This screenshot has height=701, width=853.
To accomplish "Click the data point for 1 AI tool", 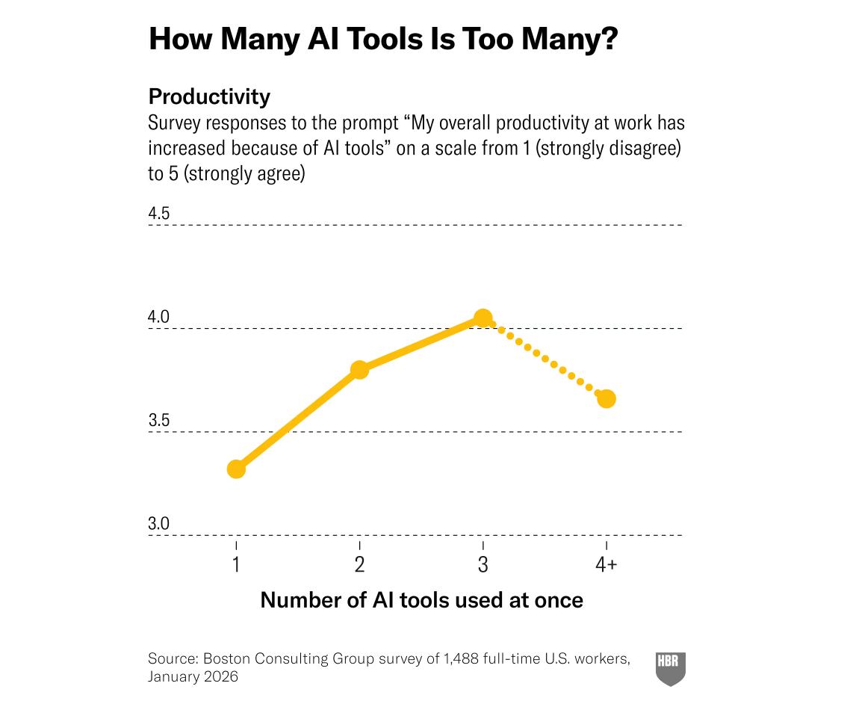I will coord(236,469).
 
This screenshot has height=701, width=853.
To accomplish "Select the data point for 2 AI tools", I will coord(359,370).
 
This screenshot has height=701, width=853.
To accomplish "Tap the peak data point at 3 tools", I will coord(483,318).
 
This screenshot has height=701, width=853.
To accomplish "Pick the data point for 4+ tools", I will coord(607,398).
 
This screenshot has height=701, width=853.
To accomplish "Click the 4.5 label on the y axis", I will coord(159,214).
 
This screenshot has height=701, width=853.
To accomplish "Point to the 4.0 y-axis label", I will coord(159,318).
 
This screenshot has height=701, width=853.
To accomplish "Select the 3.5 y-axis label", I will coord(159,421).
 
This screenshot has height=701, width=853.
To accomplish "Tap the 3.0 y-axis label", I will coord(159,524).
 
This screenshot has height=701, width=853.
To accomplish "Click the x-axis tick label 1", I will coord(236,565).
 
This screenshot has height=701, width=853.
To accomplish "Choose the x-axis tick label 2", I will coord(359,565).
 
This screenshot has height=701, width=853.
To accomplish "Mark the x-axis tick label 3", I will coord(483,565).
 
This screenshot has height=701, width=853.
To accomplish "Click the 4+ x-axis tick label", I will coord(607,565).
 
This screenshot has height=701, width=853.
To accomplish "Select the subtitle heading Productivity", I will coord(209,97).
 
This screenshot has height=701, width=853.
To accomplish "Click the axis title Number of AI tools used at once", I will coord(421,600).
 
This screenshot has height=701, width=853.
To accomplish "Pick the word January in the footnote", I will coord(174,677).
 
